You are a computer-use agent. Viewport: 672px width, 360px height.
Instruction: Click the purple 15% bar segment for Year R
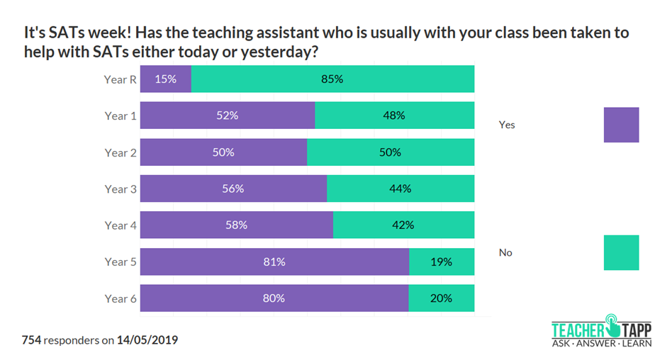[165, 79]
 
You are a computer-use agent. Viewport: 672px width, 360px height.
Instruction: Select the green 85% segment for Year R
[332, 79]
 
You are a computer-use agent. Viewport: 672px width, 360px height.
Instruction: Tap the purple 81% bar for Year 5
[274, 262]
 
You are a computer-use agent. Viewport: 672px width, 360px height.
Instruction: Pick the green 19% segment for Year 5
[442, 262]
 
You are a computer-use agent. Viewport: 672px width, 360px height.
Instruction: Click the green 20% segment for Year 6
[441, 298]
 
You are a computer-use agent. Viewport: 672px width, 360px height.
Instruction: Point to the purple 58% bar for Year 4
[236, 225]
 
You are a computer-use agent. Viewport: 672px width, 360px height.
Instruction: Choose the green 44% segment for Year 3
[401, 189]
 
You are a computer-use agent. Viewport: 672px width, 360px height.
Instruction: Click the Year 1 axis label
[121, 116]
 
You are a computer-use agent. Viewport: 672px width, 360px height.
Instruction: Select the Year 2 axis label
[121, 152]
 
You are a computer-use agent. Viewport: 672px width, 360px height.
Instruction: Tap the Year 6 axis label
[121, 298]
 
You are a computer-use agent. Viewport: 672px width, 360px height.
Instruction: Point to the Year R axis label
[121, 79]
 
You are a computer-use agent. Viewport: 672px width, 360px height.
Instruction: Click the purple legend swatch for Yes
[621, 125]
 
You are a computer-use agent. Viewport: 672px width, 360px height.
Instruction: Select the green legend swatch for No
[621, 253]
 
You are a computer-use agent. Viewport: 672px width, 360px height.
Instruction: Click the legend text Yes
[507, 125]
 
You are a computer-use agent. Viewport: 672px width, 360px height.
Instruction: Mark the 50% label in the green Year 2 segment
[391, 152]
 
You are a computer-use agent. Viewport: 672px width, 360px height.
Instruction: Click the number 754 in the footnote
[31, 340]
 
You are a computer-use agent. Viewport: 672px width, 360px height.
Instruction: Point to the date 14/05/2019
[147, 340]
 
